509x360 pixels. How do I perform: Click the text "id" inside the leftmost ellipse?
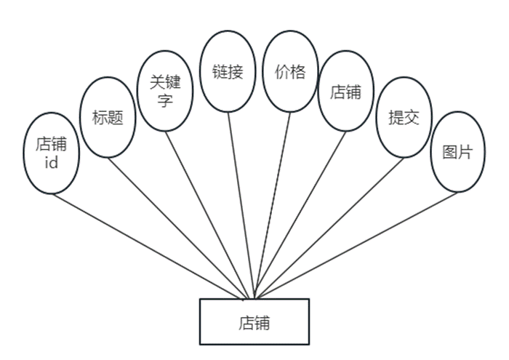coord(51,162)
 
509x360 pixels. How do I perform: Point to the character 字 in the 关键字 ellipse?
coord(165,101)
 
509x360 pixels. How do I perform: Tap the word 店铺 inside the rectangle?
coord(254,321)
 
